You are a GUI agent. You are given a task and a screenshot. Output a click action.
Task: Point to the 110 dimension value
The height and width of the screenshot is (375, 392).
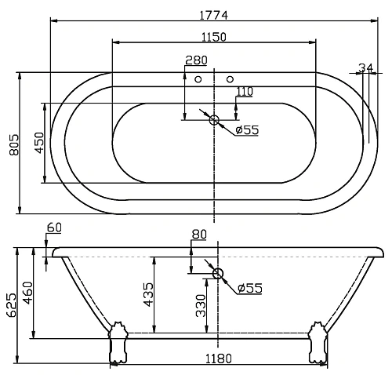tap(245, 92)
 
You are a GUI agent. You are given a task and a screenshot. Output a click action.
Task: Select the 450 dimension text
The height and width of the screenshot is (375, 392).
tap(37, 143)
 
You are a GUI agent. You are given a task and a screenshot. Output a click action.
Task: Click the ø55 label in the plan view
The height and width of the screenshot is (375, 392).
tap(247, 129)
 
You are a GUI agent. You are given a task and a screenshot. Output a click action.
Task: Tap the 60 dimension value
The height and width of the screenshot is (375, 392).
tap(53, 228)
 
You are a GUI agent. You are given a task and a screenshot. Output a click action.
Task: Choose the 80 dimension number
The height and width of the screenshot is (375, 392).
tap(198, 234)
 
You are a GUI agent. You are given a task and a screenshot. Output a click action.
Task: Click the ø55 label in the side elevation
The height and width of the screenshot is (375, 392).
tap(249, 287)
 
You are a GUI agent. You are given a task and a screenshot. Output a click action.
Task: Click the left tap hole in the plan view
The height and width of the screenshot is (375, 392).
tap(198, 79)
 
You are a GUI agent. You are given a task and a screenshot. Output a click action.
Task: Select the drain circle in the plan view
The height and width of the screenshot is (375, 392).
tap(214, 119)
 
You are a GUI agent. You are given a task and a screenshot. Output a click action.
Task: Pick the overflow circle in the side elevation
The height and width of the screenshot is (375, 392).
tap(218, 274)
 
